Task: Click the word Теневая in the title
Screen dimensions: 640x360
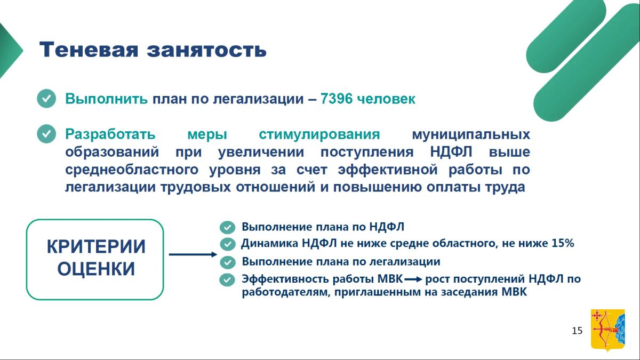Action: pos(89,50)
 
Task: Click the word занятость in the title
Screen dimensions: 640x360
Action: pos(207,50)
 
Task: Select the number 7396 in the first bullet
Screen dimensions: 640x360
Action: pos(337,99)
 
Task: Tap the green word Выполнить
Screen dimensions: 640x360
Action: pos(107,99)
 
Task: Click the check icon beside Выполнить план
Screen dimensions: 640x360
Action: pos(46,99)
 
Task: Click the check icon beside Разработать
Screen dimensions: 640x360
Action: pos(46,134)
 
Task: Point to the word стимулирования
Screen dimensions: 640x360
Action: pos(319,134)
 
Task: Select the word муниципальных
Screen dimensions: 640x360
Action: pos(471,134)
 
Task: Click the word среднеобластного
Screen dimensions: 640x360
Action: pos(132,170)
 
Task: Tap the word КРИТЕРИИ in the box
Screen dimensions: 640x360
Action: pos(96,246)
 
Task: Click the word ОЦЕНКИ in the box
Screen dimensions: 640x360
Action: pos(96,269)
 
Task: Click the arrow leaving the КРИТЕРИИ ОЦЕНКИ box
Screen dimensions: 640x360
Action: pos(193,254)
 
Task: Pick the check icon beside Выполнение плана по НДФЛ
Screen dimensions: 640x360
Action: pos(227,227)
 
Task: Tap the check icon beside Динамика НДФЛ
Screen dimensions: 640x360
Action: pos(227,244)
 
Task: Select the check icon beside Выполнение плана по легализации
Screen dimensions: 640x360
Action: pos(227,262)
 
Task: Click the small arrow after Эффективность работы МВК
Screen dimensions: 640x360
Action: pos(413,279)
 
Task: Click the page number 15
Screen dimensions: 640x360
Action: pos(577,331)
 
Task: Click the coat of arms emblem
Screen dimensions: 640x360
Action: pos(608,330)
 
